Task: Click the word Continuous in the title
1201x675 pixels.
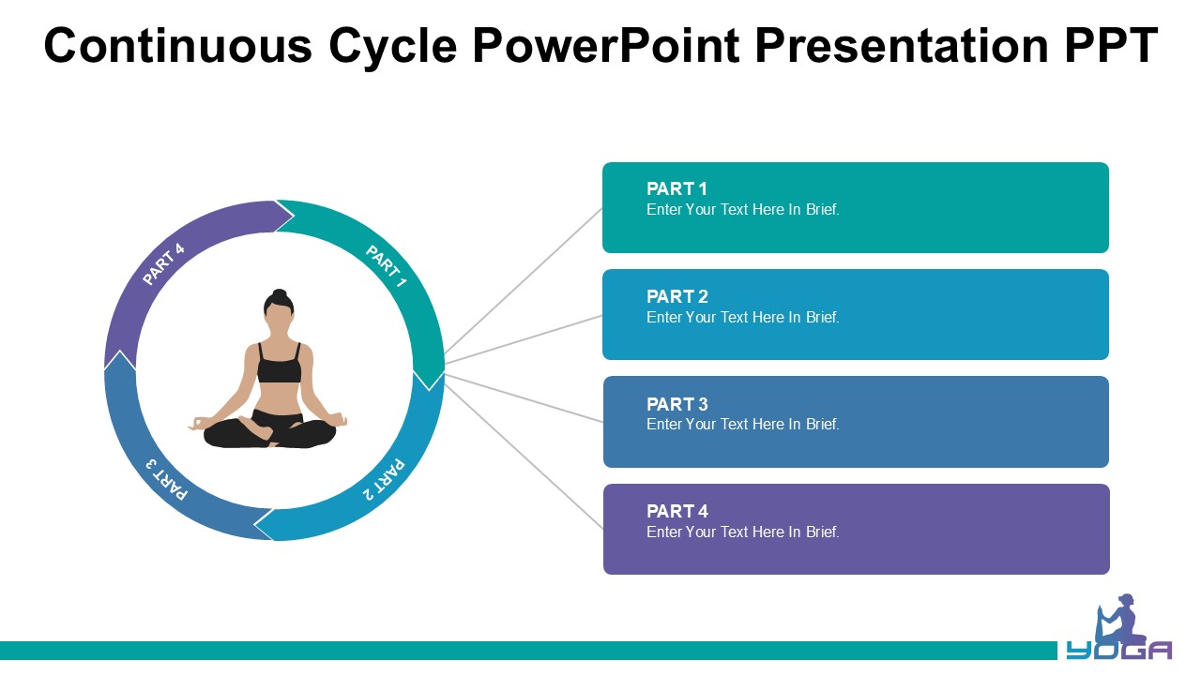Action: [177, 45]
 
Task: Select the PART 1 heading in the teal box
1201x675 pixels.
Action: [677, 189]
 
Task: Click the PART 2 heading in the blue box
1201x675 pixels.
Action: [677, 297]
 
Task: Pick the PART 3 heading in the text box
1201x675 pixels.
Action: [677, 405]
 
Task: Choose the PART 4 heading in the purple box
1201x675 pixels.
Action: [677, 512]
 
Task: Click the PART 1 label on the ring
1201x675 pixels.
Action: [386, 267]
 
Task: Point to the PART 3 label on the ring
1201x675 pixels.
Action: [167, 479]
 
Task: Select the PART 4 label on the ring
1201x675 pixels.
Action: [163, 264]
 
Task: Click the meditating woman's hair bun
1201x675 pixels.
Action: [279, 295]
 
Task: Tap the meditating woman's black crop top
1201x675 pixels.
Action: [279, 367]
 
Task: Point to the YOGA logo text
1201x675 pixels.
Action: [1118, 651]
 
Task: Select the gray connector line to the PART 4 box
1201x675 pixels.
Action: [525, 455]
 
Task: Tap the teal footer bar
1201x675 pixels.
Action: [525, 650]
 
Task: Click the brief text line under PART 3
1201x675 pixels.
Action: [742, 425]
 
